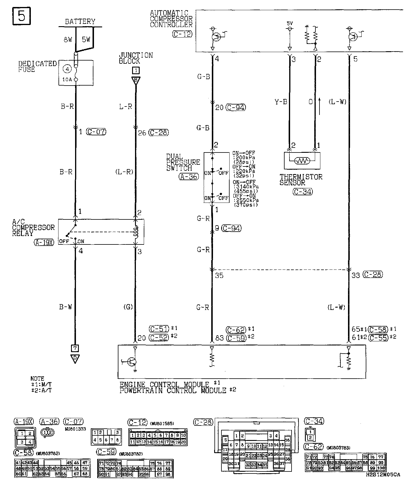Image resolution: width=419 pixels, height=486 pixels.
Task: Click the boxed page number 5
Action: pos(22,16)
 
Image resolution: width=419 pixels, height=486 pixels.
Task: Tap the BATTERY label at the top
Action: pos(80,22)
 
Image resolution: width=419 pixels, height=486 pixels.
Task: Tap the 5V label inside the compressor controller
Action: pos(290,23)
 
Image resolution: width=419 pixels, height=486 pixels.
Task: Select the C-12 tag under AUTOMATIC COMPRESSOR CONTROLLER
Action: pos(182,34)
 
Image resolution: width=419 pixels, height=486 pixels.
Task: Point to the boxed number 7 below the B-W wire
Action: pos(75,348)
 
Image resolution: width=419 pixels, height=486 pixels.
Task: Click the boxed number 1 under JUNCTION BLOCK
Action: pos(136,70)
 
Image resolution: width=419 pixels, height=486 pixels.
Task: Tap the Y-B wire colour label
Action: pos(280,102)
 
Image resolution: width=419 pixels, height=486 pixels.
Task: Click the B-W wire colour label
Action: pos(66,307)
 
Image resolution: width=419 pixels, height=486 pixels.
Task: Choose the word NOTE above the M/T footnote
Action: pos(37,379)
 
